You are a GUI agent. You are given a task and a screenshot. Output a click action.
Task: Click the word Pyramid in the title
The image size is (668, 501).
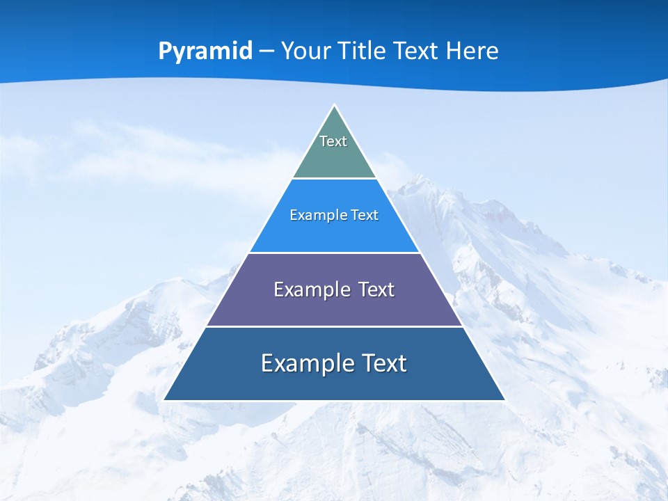click(x=205, y=51)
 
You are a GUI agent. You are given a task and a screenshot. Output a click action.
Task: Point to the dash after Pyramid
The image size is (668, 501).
click(x=267, y=51)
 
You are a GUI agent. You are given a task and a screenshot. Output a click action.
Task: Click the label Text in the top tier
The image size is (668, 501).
click(x=333, y=141)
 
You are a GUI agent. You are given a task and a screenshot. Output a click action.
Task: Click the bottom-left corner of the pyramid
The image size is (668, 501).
click(x=164, y=399)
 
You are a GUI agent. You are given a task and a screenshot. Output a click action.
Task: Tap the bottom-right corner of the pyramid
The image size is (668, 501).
click(x=504, y=399)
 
